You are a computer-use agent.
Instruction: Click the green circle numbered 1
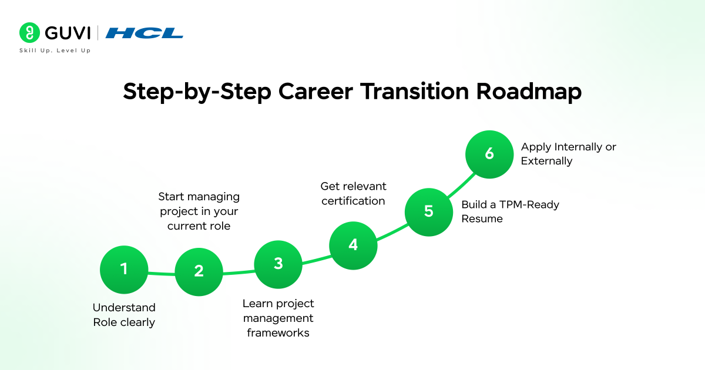(124, 269)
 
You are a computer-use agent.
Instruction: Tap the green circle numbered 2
(199, 271)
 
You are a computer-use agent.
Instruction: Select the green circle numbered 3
(278, 264)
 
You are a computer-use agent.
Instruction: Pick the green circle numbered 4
(353, 245)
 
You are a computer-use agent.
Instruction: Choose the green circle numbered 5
(429, 211)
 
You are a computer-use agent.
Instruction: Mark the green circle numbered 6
(489, 154)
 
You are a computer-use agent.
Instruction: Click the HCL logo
(145, 33)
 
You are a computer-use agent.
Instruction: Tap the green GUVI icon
(29, 32)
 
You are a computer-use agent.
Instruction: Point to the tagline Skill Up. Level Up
(55, 51)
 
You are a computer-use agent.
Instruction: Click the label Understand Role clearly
(124, 315)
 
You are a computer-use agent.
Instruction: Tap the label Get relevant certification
(353, 194)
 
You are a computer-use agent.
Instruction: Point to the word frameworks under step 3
(278, 333)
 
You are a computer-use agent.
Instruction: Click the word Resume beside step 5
(482, 218)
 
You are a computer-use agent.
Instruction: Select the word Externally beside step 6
(546, 161)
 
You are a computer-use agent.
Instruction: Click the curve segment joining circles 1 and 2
(162, 273)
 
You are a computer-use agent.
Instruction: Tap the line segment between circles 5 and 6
(461, 184)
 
